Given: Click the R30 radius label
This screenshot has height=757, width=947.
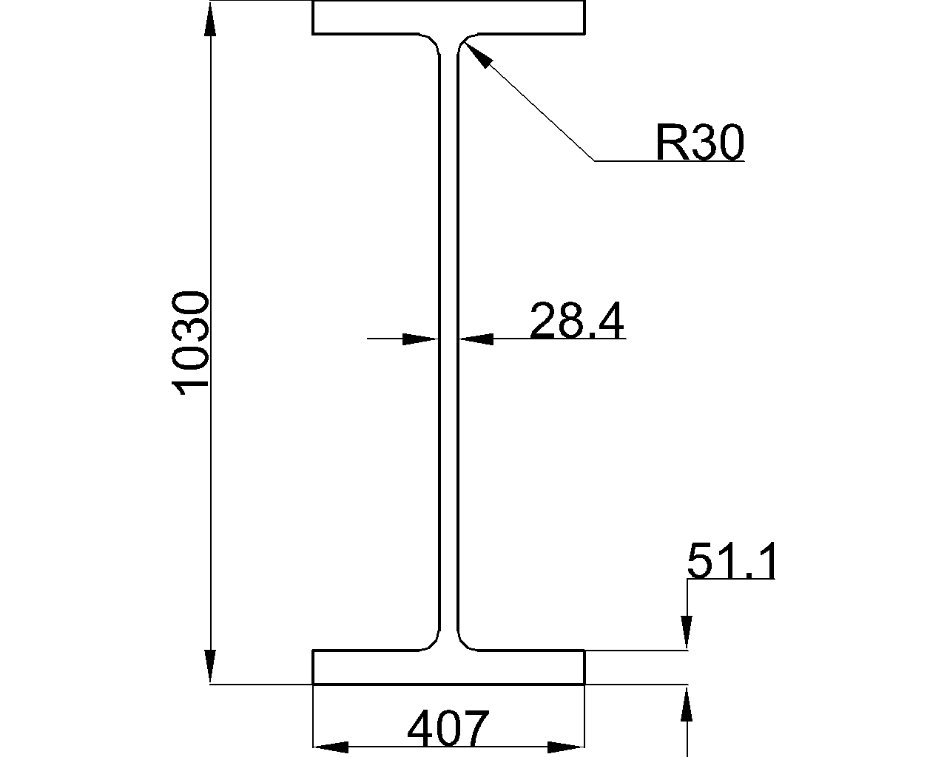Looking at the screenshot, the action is click(x=700, y=142).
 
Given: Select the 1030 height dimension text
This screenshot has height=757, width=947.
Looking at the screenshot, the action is click(x=189, y=343).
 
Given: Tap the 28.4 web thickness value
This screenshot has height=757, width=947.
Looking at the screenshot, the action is click(x=577, y=320).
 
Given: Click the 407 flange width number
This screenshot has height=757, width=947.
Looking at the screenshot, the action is click(x=448, y=728).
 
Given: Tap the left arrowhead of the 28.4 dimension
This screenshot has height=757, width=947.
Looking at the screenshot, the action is click(x=421, y=339).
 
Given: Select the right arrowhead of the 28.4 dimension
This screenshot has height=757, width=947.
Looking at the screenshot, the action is click(x=476, y=339).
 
